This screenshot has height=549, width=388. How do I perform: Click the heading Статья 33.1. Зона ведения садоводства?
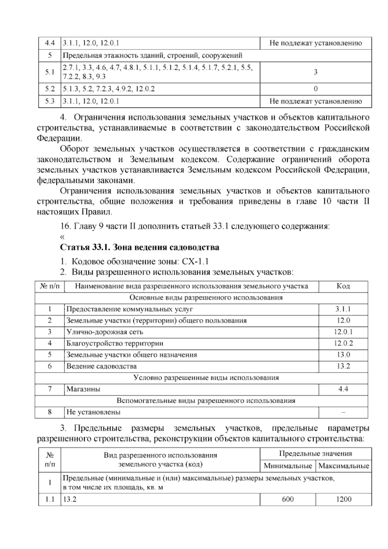140,248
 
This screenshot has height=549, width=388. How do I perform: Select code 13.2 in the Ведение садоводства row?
343,366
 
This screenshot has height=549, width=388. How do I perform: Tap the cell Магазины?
83,389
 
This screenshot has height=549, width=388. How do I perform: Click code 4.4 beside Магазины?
343,389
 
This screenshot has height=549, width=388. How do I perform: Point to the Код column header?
343,286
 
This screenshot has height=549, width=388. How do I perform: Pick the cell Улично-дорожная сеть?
105,332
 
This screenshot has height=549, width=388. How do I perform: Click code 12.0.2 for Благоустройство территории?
343,343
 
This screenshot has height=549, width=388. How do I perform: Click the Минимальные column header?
288,466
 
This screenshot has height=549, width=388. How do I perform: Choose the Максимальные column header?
344,466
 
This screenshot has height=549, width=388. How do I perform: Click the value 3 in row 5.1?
316,72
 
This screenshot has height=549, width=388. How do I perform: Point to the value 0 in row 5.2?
316,89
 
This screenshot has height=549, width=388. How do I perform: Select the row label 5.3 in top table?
50,101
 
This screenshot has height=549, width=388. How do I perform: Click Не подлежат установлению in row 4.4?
316,43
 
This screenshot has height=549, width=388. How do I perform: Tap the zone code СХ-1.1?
196,261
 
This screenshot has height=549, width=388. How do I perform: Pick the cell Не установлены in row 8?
93,412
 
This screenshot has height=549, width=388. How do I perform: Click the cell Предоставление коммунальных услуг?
130,309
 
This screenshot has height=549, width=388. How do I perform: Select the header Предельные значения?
316,454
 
